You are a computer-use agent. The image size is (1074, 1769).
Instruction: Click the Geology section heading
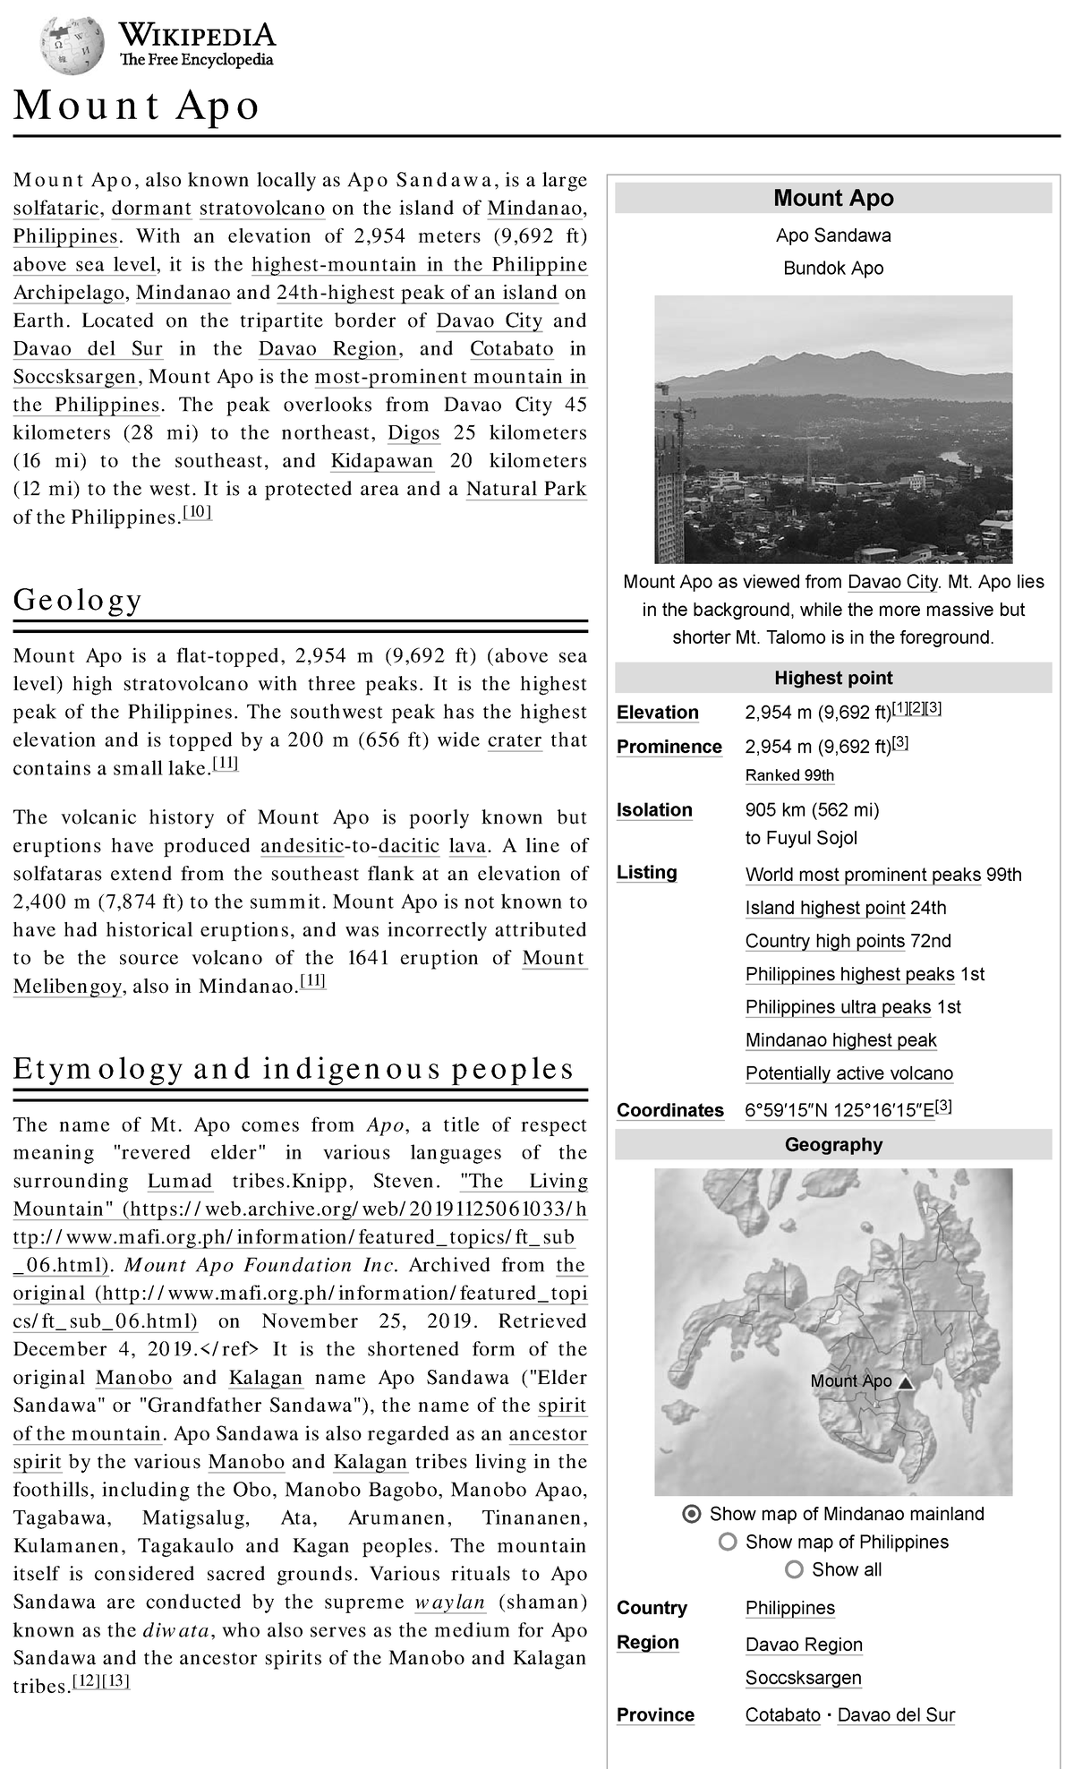coord(78,600)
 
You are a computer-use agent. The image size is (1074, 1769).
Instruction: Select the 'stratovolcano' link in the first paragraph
coord(261,209)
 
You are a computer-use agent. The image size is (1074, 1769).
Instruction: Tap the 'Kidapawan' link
coord(382,461)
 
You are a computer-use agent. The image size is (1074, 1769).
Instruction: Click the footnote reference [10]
coord(197,512)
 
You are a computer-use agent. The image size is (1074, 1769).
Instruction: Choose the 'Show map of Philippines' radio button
coord(728,1542)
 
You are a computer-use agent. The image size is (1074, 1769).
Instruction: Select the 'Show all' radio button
coord(794,1569)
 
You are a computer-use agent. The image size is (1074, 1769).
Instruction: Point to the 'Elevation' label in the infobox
coord(658,713)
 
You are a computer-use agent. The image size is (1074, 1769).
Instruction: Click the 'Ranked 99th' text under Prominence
coord(789,775)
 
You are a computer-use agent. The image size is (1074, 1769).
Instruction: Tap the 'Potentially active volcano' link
coord(849,1073)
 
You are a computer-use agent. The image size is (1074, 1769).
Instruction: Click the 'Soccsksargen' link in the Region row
coord(804,1678)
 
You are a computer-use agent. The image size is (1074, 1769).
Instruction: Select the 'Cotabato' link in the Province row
coord(783,1715)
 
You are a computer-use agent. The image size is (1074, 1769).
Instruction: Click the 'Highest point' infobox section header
coord(833,679)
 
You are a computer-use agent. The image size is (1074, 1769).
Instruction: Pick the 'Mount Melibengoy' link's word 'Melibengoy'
coord(67,987)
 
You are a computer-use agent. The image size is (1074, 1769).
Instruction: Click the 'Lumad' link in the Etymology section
coord(180,1181)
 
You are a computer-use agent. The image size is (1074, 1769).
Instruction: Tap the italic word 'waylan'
coord(451,1602)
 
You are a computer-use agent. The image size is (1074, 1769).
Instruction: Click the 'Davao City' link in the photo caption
coord(892,582)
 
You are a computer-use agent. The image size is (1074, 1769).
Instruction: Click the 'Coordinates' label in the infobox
coord(670,1110)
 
